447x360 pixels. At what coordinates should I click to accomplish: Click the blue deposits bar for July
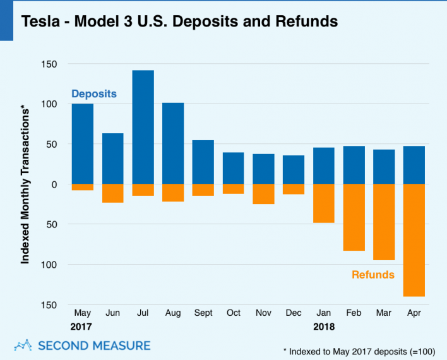[x=143, y=127]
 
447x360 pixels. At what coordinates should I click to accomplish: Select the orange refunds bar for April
[x=414, y=240]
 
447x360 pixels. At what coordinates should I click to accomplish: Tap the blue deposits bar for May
[x=83, y=144]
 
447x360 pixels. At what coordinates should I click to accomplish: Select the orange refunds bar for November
[x=263, y=194]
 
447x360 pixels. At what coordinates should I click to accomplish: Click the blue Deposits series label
[x=94, y=93]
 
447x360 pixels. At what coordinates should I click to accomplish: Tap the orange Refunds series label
[x=372, y=275]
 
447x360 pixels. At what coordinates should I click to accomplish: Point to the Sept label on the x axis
[x=203, y=313]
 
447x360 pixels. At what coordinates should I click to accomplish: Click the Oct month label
[x=233, y=313]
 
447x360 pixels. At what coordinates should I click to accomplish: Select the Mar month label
[x=383, y=313]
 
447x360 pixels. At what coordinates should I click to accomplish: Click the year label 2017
[x=82, y=327]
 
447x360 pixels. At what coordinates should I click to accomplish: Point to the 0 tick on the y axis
[x=54, y=184]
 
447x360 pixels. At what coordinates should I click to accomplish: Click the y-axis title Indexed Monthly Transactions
[x=26, y=185]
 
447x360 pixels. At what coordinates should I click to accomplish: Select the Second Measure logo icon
[x=23, y=345]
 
